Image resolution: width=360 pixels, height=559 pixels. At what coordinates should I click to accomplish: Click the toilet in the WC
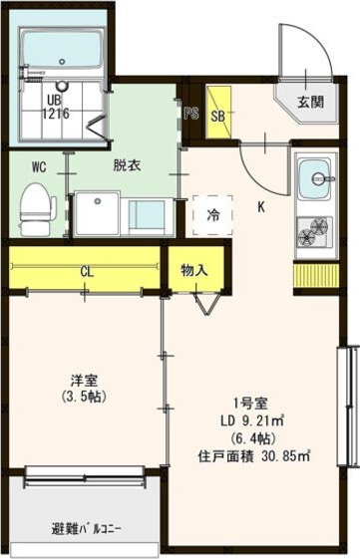pos(38,209)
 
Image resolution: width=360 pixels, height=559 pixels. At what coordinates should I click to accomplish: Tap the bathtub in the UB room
pos(63,50)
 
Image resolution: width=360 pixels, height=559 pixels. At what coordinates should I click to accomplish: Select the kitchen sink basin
pos(315,179)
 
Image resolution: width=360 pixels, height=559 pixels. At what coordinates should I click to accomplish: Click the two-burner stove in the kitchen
pos(315,233)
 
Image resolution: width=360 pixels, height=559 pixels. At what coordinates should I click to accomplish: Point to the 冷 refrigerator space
pos(213,215)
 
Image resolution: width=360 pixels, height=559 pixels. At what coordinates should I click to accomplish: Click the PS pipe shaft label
pos(191,114)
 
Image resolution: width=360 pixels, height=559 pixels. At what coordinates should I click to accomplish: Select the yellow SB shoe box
pos(218,112)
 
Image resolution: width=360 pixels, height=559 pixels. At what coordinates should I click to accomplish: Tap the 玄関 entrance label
pos(311,103)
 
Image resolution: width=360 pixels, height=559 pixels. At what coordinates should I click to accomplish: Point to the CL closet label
pos(87,272)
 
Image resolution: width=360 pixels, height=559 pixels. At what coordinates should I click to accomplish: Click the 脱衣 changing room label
pos(127,165)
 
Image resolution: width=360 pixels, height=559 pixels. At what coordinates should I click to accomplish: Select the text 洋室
pos(84,381)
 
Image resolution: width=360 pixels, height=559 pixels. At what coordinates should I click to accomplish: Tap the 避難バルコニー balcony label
pos(86,529)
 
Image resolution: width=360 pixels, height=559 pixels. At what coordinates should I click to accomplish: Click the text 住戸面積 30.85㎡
pos(254,456)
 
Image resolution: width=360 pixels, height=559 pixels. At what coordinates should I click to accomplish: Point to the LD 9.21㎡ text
pos(252,421)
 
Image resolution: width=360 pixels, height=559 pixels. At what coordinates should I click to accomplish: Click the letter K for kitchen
pos(261,207)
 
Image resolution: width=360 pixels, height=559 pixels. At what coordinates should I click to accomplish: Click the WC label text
pos(39,166)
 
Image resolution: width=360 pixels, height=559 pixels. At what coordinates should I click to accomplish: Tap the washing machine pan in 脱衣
pos(97,213)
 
